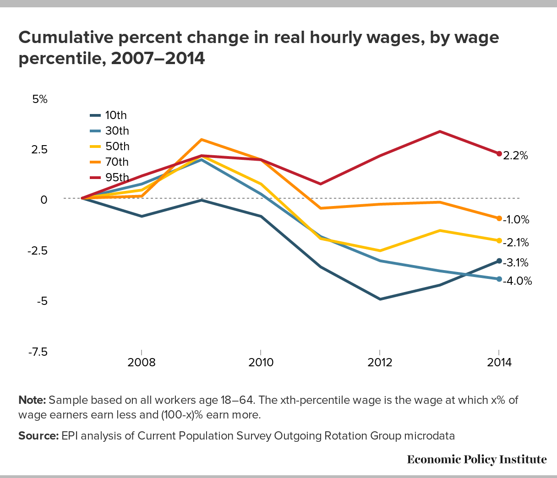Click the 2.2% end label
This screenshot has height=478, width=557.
(x=515, y=156)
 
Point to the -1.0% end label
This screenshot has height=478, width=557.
(x=516, y=220)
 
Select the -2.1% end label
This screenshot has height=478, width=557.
(x=516, y=242)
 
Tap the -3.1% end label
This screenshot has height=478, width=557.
(x=516, y=263)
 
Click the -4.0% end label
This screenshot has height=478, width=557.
(x=517, y=281)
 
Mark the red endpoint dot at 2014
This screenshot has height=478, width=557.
(x=499, y=153)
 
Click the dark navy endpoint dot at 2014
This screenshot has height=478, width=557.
(x=499, y=261)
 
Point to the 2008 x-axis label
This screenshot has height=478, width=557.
(x=142, y=363)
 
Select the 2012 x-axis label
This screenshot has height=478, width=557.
(x=380, y=363)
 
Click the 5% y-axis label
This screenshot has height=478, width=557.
(x=40, y=99)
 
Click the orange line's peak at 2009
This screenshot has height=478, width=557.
(x=201, y=140)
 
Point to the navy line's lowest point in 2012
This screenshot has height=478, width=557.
(x=380, y=299)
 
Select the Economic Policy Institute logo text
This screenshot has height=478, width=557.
(x=476, y=459)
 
